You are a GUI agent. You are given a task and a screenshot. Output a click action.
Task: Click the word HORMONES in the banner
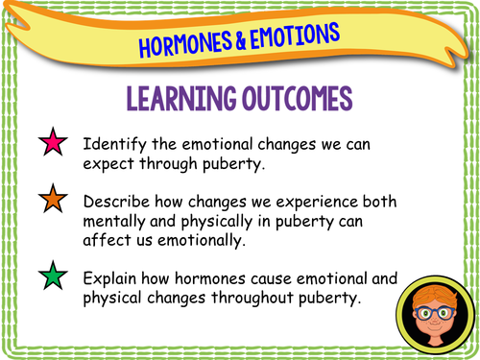[186, 43]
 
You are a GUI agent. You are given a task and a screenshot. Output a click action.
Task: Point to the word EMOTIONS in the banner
[293, 35]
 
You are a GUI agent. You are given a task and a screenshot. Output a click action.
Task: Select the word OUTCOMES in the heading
[292, 100]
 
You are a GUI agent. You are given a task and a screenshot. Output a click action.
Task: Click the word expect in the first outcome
[108, 163]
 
